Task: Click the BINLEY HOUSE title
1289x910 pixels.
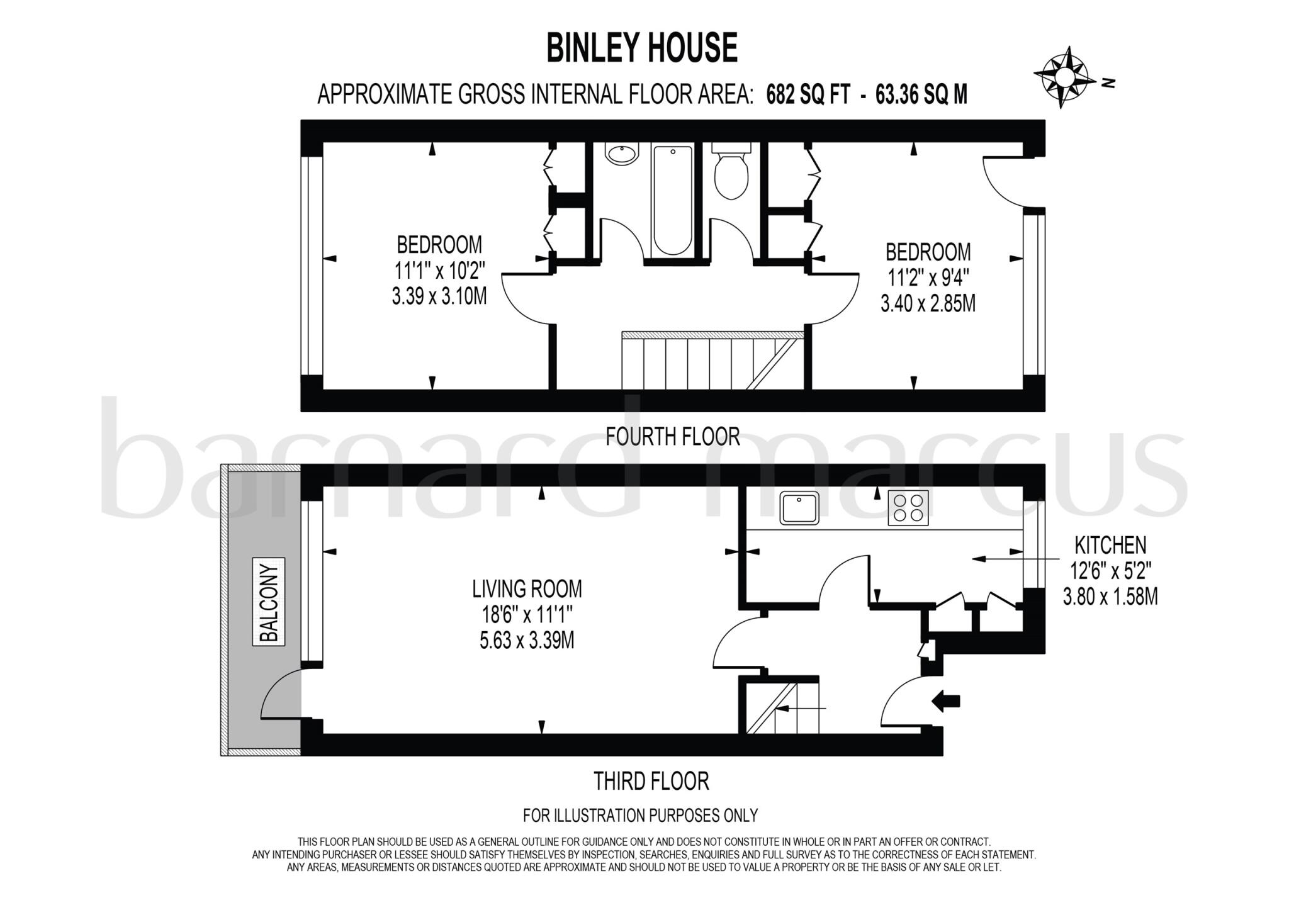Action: tap(641, 48)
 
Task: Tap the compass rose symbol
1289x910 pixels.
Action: tap(1063, 77)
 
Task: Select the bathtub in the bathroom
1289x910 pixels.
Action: tap(673, 200)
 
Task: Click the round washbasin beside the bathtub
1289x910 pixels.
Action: tap(622, 154)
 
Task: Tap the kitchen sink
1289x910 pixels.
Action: tap(799, 507)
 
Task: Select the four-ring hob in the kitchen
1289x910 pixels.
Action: tap(908, 507)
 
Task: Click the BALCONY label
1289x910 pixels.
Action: tap(269, 602)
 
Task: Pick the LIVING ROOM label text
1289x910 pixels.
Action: tap(527, 589)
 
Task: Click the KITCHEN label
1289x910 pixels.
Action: tap(1110, 544)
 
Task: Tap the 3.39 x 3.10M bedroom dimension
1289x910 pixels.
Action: tap(439, 296)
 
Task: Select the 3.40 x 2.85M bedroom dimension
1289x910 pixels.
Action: tap(928, 304)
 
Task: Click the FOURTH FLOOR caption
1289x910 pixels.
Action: tap(672, 436)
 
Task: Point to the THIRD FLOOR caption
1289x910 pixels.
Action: tap(651, 781)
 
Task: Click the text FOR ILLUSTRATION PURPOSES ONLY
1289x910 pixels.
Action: tap(640, 816)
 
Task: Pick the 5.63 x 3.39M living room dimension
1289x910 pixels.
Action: tap(527, 641)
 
